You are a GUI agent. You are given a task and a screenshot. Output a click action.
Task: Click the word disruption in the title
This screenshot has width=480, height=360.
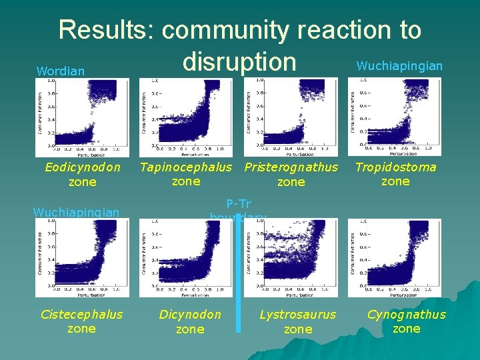click(239, 61)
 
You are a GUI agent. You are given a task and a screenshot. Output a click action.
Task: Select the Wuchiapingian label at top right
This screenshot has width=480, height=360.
click(399, 65)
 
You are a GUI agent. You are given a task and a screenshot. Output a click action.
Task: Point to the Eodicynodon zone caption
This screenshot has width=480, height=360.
click(83, 174)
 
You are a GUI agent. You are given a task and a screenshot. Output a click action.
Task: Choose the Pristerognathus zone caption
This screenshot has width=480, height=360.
click(291, 174)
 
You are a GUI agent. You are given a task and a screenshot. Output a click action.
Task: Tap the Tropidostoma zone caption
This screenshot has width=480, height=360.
click(395, 173)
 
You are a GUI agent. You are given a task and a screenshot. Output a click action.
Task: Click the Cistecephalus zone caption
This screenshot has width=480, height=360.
click(81, 321)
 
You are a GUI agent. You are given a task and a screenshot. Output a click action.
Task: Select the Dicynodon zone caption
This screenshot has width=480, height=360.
click(190, 321)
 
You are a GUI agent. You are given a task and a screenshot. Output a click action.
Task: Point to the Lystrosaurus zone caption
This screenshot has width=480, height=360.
click(298, 321)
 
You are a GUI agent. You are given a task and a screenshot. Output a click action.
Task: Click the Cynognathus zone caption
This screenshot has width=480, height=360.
click(407, 321)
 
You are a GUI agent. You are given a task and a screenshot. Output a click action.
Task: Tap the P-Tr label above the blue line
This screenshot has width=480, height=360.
click(238, 204)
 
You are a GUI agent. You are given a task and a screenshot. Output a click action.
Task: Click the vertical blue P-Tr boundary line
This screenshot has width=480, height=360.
click(239, 280)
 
